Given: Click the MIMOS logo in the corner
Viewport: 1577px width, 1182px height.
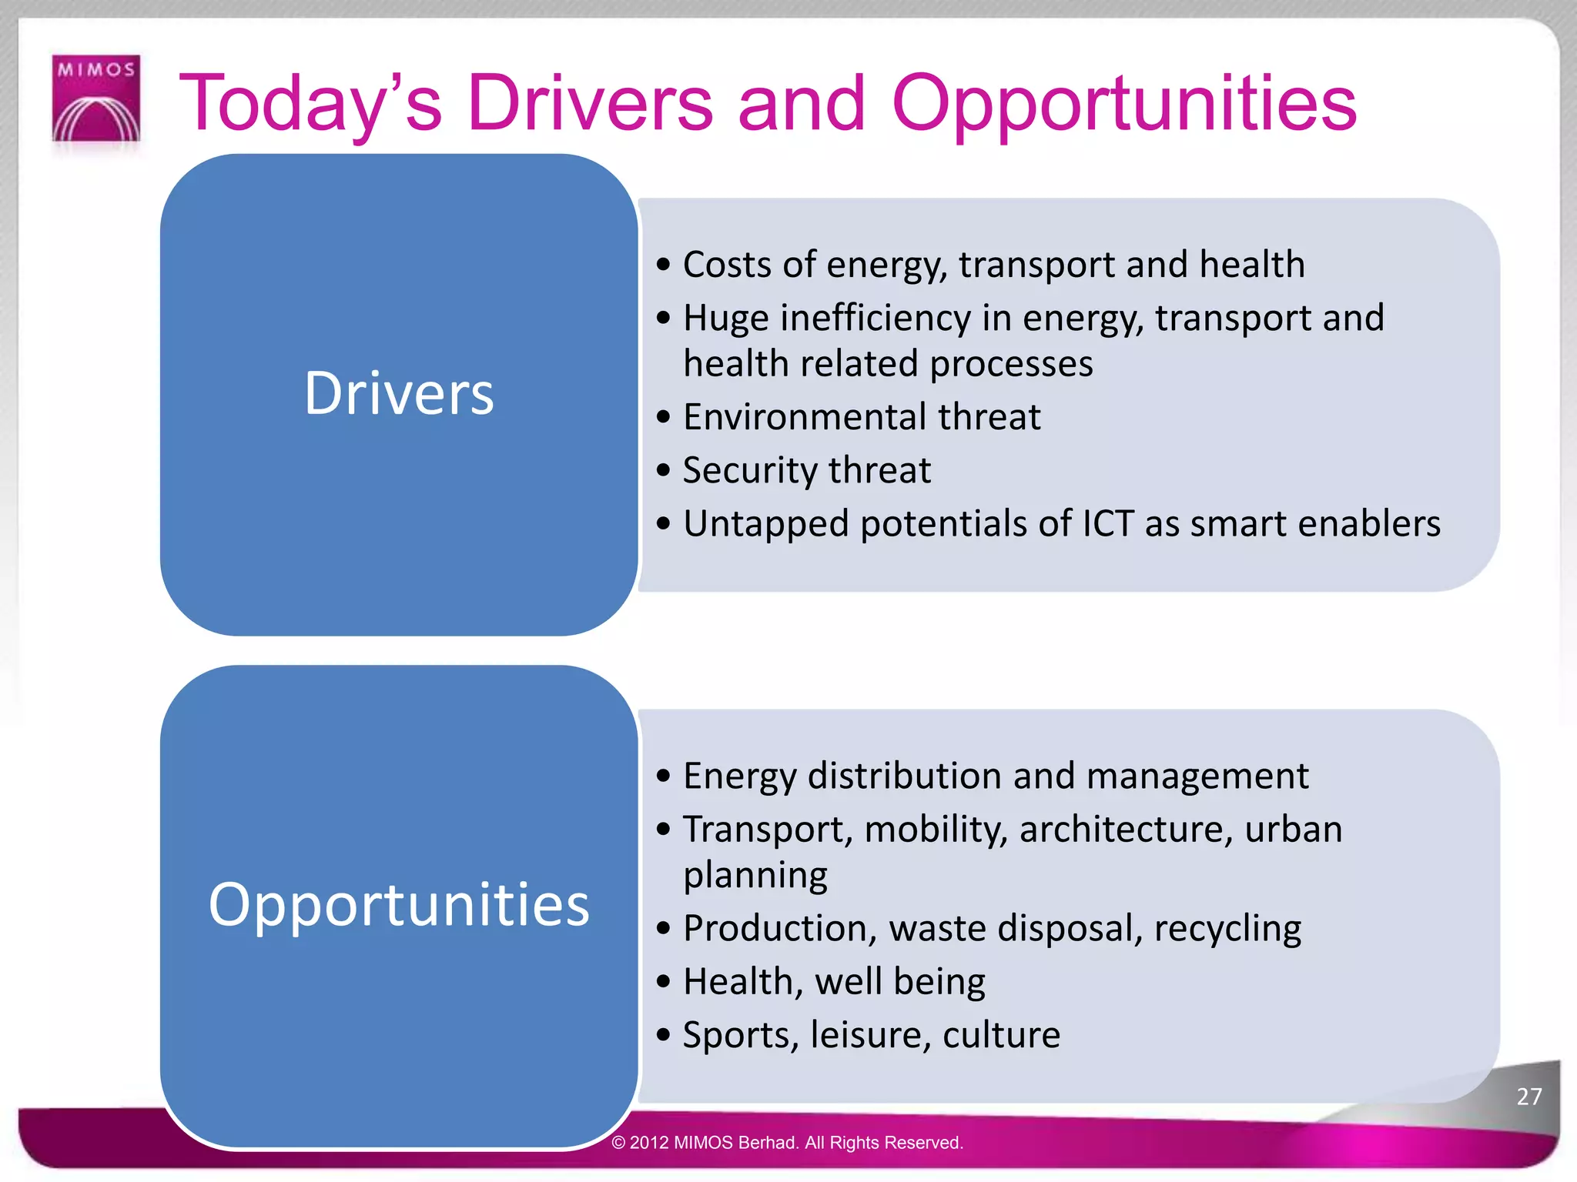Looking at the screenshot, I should pos(96,98).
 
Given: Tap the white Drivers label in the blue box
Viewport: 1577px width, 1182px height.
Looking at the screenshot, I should pos(399,393).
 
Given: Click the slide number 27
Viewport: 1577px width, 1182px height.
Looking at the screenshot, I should pos(1528,1096).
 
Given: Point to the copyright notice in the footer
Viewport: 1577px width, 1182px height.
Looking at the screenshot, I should pos(787,1143).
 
